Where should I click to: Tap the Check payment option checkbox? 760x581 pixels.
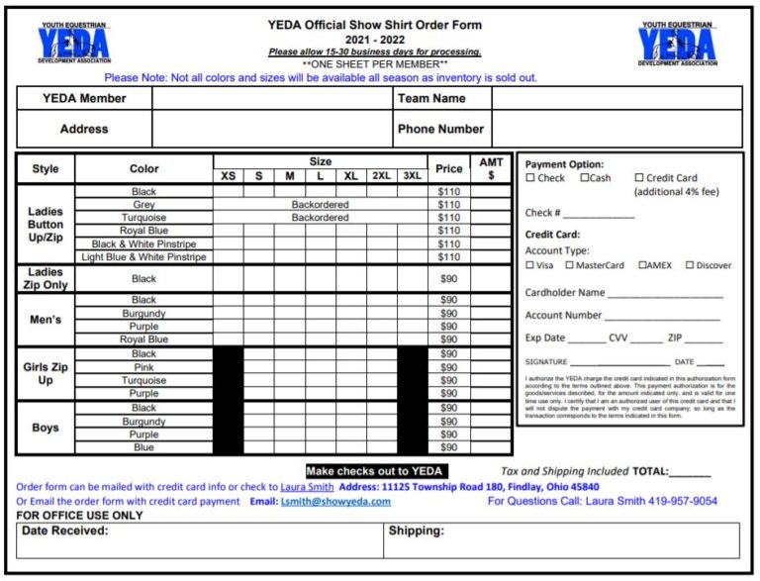(x=530, y=178)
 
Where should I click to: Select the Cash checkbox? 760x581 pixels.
(x=585, y=178)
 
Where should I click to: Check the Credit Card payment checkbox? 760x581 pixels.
(x=639, y=178)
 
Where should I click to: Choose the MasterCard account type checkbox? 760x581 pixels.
(x=570, y=265)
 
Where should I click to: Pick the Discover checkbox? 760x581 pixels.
(x=688, y=265)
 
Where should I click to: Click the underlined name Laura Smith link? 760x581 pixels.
(x=307, y=487)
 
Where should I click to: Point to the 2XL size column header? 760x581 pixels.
(x=381, y=176)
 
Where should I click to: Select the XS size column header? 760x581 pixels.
(x=228, y=176)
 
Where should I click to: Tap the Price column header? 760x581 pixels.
(x=448, y=169)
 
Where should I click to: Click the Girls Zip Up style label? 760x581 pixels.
(x=46, y=373)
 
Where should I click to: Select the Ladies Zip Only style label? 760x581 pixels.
(x=46, y=278)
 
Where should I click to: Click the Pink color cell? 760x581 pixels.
(x=143, y=367)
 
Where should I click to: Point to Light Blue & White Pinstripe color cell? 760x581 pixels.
(x=143, y=257)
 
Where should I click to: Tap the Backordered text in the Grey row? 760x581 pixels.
(x=320, y=205)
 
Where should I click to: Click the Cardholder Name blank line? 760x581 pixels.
(x=664, y=294)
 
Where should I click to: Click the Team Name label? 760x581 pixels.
(x=431, y=98)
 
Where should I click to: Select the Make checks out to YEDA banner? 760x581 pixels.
(x=375, y=471)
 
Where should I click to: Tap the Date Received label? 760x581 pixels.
(x=65, y=532)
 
